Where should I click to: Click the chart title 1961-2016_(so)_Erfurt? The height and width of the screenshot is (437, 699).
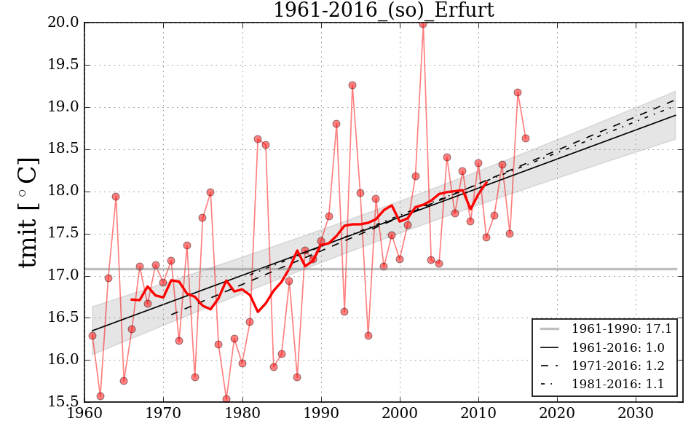pos(383,10)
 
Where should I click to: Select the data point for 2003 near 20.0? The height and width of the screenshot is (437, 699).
pos(422,24)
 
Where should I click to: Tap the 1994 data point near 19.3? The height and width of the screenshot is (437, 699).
pos(352,85)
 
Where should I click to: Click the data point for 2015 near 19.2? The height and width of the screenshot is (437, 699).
pos(518,92)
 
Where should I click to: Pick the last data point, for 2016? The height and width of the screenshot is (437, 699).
pos(526,138)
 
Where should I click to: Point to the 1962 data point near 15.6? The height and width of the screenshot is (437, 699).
pos(100,396)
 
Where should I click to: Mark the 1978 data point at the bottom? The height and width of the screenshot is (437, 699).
pos(226,398)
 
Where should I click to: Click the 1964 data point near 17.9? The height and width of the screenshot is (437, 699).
pos(116,197)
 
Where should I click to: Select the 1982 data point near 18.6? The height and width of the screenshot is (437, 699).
pos(258,139)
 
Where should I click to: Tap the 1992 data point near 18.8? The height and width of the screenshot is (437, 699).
pos(336,124)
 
